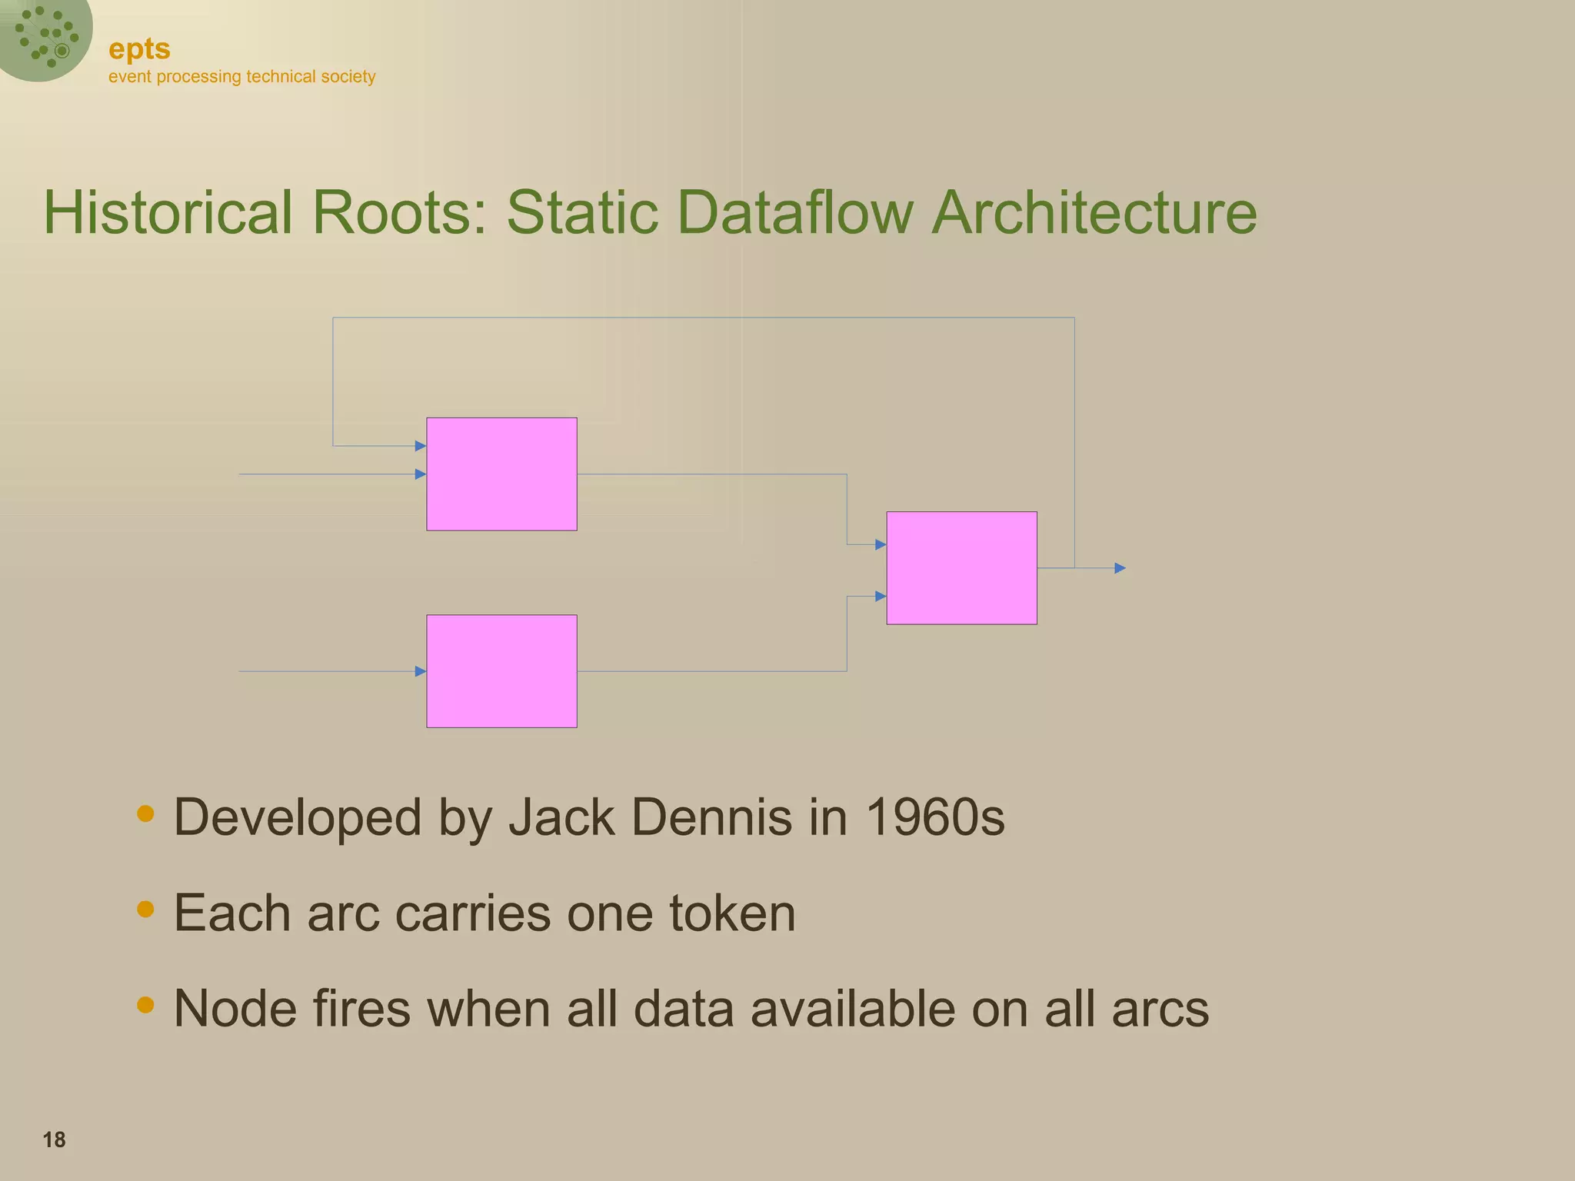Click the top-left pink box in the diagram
pyautogui.click(x=501, y=474)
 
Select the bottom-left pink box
pyautogui.click(x=501, y=670)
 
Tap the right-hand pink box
pyautogui.click(x=961, y=567)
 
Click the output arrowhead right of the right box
pyautogui.click(x=1120, y=568)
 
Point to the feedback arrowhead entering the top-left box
pyautogui.click(x=420, y=446)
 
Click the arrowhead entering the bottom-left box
pyautogui.click(x=420, y=671)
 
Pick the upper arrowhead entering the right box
pyautogui.click(x=881, y=544)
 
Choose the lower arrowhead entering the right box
pyautogui.click(x=881, y=596)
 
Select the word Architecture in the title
pyautogui.click(x=1094, y=212)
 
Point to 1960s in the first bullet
pyautogui.click(x=934, y=817)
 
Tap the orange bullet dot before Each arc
pyautogui.click(x=145, y=910)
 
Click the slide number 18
pyautogui.click(x=54, y=1139)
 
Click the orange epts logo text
pyautogui.click(x=139, y=48)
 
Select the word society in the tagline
pyautogui.click(x=348, y=76)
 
